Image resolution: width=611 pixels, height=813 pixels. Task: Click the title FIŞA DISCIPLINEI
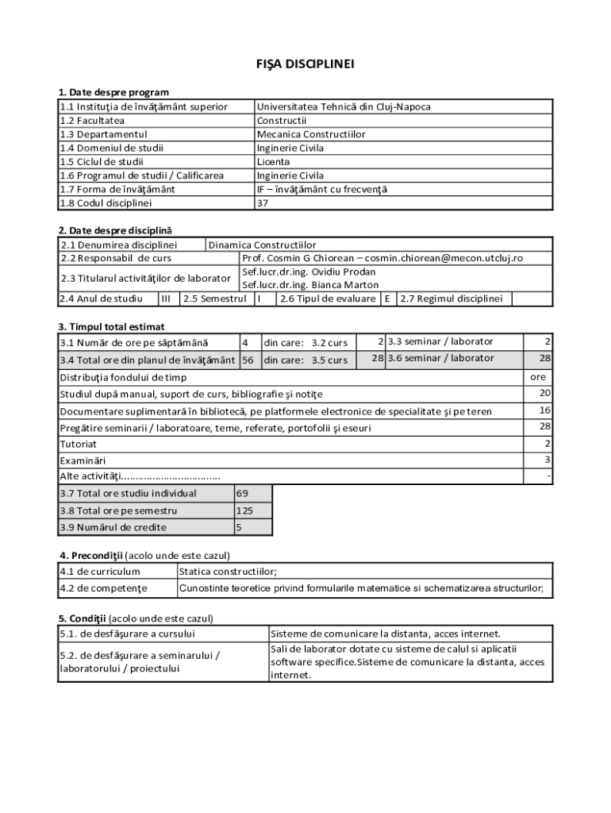pyautogui.click(x=305, y=64)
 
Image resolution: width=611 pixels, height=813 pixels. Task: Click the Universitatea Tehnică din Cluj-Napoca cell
pyautogui.click(x=344, y=106)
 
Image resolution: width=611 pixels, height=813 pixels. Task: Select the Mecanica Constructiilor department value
pyautogui.click(x=311, y=134)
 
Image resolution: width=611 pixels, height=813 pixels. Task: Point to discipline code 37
pyautogui.click(x=263, y=203)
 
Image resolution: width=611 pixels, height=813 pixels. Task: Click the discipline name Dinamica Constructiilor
pyautogui.click(x=262, y=245)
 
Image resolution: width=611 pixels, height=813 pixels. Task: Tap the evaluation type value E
pyautogui.click(x=387, y=299)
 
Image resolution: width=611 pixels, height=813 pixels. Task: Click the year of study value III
pyautogui.click(x=166, y=299)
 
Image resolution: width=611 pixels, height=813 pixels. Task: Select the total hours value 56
pyautogui.click(x=248, y=360)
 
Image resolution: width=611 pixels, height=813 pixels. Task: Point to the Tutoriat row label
pyautogui.click(x=79, y=444)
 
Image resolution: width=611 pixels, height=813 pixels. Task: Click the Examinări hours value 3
pyautogui.click(x=547, y=460)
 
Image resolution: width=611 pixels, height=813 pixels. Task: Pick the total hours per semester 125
pyautogui.click(x=244, y=511)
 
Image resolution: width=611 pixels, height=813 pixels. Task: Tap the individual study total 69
pyautogui.click(x=242, y=494)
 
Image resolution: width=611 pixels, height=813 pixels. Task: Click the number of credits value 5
pyautogui.click(x=239, y=528)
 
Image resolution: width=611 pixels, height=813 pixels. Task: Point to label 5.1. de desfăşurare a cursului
pyautogui.click(x=127, y=634)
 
